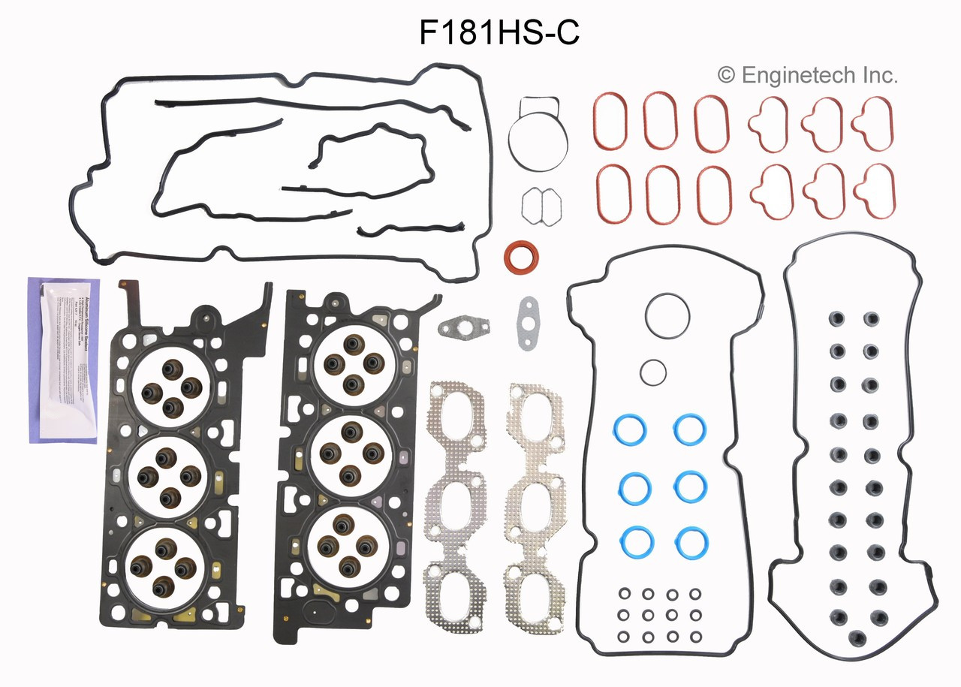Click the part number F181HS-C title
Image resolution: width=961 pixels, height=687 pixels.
(x=499, y=33)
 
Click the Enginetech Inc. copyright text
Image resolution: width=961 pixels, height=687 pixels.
(x=808, y=75)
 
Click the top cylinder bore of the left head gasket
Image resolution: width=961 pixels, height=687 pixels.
(x=167, y=390)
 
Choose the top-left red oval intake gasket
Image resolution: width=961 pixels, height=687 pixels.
(x=613, y=121)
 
